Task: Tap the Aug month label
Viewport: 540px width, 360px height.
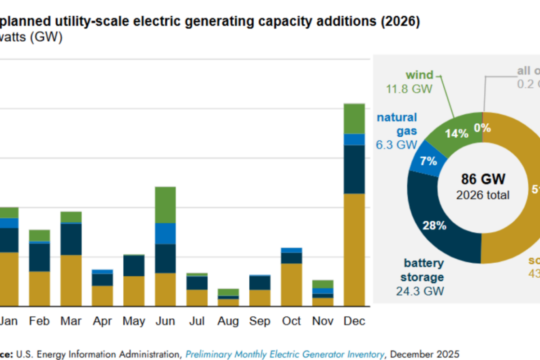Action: pyautogui.click(x=229, y=321)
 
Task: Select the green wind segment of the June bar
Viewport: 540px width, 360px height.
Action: pyautogui.click(x=165, y=205)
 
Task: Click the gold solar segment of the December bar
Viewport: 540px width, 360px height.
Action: pyautogui.click(x=354, y=250)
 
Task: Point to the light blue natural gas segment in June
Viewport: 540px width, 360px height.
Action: pyautogui.click(x=165, y=234)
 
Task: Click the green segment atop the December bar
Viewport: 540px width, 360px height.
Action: pyautogui.click(x=354, y=119)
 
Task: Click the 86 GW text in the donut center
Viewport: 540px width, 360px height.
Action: pyautogui.click(x=483, y=179)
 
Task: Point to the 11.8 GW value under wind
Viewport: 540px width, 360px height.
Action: pyautogui.click(x=409, y=89)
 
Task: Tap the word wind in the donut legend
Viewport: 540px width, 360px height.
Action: pyautogui.click(x=419, y=75)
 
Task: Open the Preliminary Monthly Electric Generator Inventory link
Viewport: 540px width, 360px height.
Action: pyautogui.click(x=285, y=354)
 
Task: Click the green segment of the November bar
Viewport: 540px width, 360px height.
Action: pyautogui.click(x=323, y=284)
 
